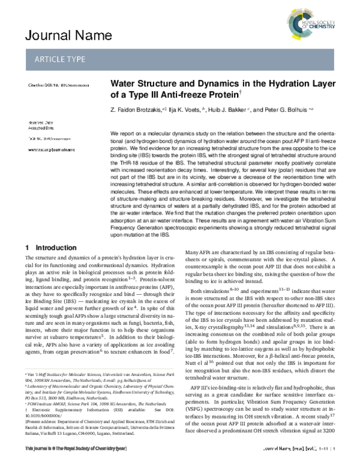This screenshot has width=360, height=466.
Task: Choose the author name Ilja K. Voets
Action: (184, 110)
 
